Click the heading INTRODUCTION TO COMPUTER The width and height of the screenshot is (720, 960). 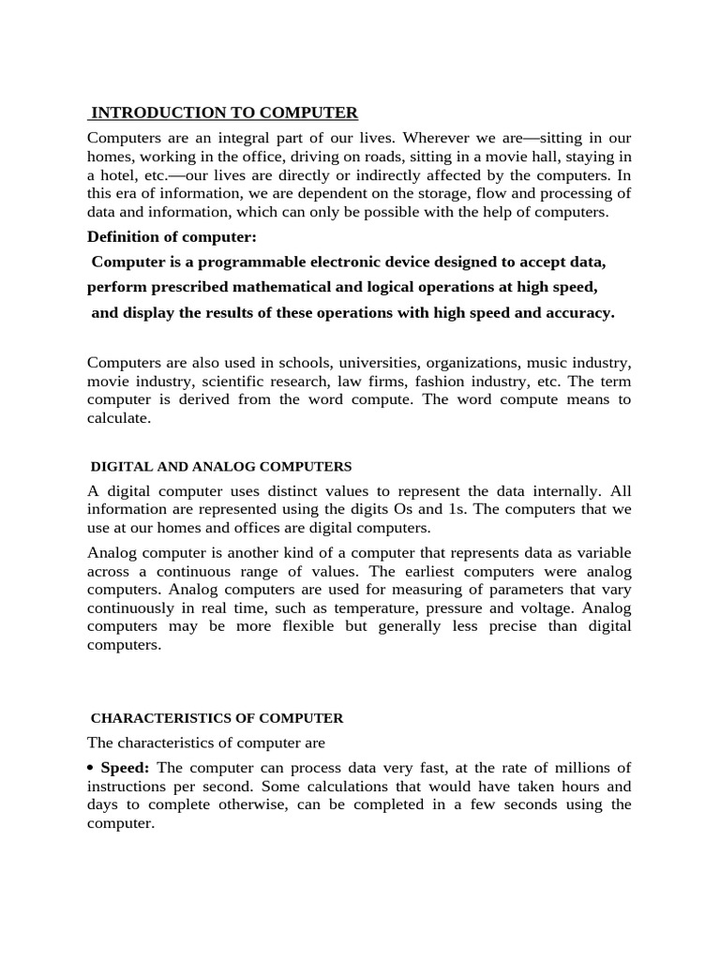coord(224,113)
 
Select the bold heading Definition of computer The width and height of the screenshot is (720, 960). coord(172,237)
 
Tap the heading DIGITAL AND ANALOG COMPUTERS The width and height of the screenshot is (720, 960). coord(221,466)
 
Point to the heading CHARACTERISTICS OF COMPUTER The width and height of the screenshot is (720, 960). coord(217,718)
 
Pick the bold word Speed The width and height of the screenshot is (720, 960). coord(126,768)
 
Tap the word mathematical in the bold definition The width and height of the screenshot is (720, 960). coord(316,287)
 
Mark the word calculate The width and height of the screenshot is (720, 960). coord(118,418)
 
